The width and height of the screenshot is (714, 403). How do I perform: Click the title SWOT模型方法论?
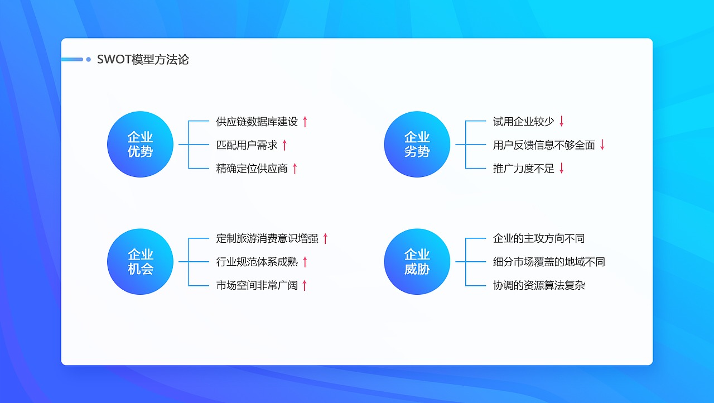(143, 59)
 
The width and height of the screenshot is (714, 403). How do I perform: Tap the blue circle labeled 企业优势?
(140, 145)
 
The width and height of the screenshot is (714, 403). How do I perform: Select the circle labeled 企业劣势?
(417, 145)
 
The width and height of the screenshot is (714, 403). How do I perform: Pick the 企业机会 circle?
(140, 262)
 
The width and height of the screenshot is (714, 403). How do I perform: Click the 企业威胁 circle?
(417, 262)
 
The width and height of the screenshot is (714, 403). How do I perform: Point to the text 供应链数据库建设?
(257, 121)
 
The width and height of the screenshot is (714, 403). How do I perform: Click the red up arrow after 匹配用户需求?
(284, 145)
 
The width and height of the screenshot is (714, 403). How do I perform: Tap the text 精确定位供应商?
(252, 169)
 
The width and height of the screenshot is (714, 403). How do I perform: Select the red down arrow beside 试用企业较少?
(562, 121)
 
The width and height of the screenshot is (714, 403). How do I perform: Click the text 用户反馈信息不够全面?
(544, 145)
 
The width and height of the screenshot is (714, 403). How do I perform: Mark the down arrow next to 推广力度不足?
(562, 169)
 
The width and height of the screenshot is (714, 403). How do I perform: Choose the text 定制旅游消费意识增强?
(267, 238)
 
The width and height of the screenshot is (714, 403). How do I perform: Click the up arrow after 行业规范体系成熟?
(305, 262)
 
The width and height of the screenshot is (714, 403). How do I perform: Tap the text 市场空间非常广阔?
(257, 285)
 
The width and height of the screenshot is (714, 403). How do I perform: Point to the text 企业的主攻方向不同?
(539, 238)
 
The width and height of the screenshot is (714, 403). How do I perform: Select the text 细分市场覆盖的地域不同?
(549, 262)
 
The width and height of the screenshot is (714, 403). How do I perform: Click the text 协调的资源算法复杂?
(539, 285)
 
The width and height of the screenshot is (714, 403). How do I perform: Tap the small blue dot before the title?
(88, 59)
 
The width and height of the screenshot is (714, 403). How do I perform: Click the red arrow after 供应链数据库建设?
(305, 121)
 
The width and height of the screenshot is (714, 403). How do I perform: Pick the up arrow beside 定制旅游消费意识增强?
(325, 238)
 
